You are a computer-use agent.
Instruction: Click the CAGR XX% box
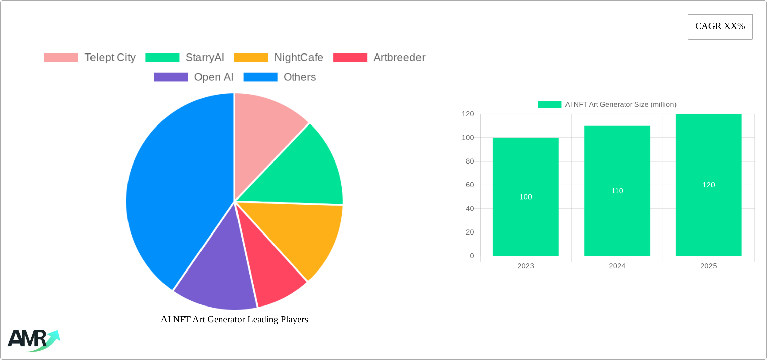(720, 27)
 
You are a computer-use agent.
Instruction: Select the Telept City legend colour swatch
(61, 58)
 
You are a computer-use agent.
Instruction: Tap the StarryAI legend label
(205, 58)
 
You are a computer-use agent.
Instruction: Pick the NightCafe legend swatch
(251, 58)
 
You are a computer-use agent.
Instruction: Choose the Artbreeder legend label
(399, 58)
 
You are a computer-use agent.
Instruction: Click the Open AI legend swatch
(171, 77)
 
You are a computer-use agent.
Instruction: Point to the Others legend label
(299, 77)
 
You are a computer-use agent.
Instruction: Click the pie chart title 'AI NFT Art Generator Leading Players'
(234, 319)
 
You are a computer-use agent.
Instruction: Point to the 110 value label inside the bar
(617, 191)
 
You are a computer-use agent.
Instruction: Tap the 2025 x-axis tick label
(708, 266)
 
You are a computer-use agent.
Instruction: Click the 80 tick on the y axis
(470, 161)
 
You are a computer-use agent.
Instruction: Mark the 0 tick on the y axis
(472, 256)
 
